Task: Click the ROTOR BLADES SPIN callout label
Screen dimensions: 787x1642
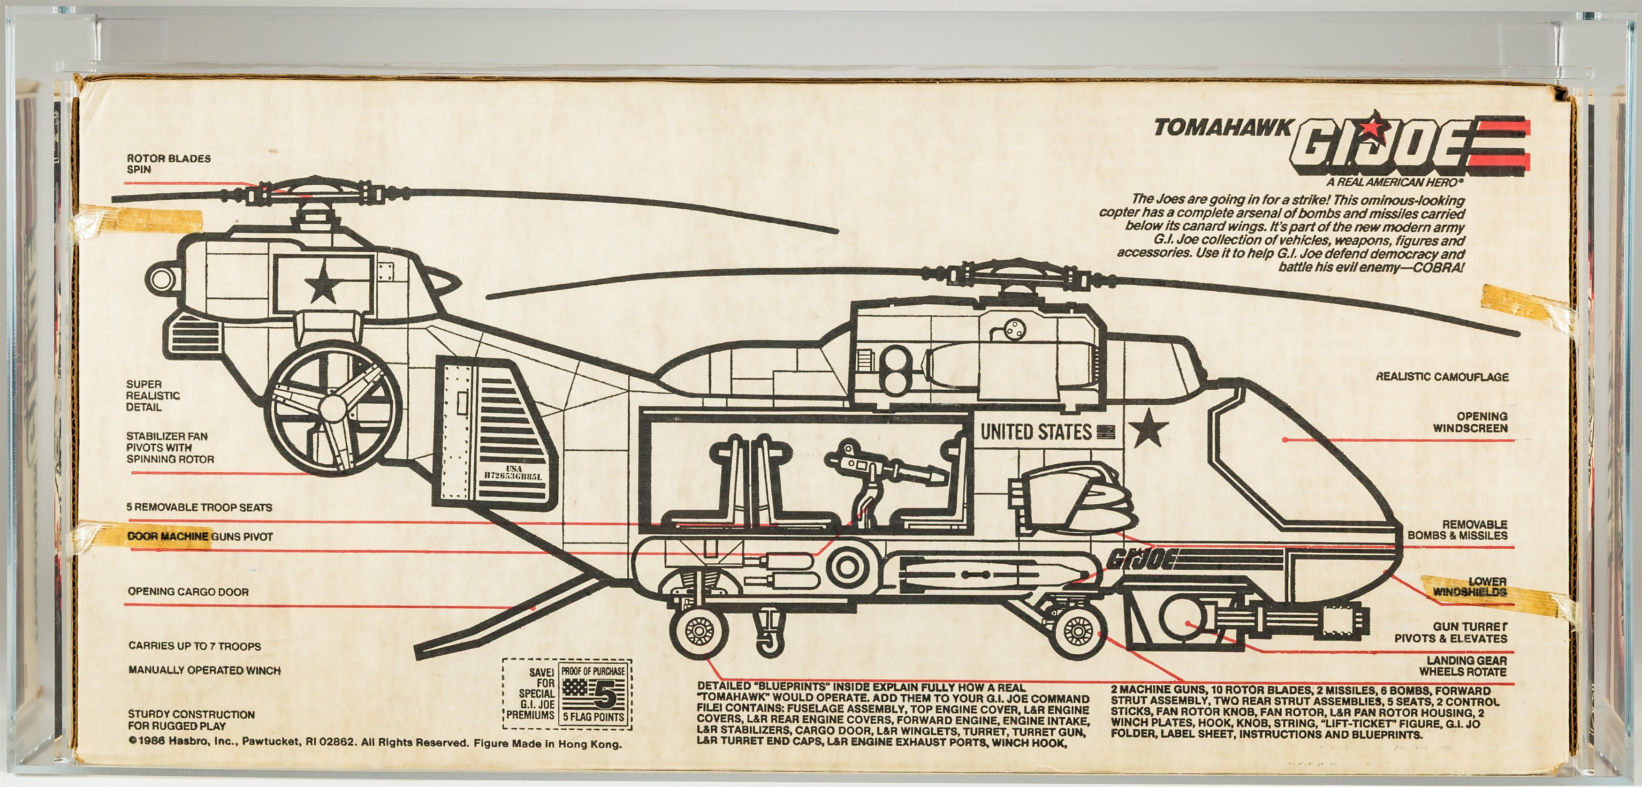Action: click(x=168, y=164)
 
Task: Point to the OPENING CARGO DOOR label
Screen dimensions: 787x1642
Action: click(x=188, y=592)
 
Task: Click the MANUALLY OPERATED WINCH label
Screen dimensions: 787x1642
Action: click(x=204, y=670)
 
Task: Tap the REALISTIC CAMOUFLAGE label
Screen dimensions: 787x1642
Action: click(x=1441, y=377)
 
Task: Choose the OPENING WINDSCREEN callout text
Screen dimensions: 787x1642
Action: click(x=1471, y=422)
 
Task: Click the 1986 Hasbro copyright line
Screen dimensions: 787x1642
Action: click(x=375, y=743)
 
